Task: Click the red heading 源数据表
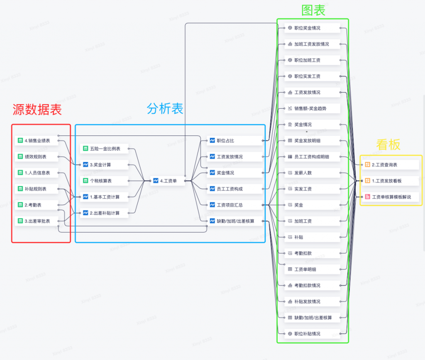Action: [x=37, y=110]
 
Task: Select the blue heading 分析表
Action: [x=165, y=109]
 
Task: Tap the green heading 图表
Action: [x=313, y=10]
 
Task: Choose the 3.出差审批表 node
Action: [x=37, y=221]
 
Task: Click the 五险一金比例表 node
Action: [x=104, y=149]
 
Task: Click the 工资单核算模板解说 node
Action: [x=390, y=197]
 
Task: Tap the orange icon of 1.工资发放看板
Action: [x=367, y=181]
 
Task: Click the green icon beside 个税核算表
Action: [x=85, y=181]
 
